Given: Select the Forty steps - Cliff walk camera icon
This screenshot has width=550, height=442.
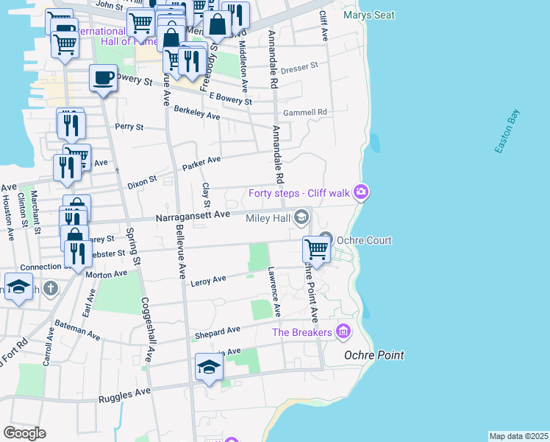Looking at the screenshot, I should [361, 192].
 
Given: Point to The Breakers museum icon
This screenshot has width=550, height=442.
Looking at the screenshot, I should [342, 332].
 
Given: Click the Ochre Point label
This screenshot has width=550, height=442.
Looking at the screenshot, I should [374, 355].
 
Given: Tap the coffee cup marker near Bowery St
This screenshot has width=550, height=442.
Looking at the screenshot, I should [103, 77].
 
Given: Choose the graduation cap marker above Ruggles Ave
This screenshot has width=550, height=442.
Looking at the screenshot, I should [209, 368].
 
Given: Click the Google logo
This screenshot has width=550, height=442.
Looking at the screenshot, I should [24, 433].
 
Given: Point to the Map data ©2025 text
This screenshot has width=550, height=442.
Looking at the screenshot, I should [518, 436].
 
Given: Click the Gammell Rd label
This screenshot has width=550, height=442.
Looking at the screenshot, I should [305, 112].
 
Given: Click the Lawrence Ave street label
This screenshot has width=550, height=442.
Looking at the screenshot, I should [274, 292].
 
